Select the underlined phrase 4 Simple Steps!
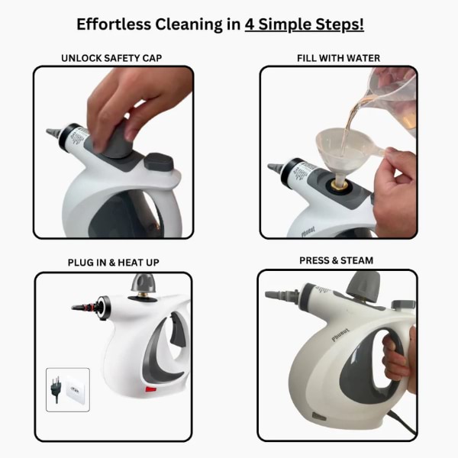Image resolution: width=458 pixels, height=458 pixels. pyautogui.click(x=304, y=24)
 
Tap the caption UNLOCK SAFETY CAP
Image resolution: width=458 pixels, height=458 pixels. pyautogui.click(x=111, y=58)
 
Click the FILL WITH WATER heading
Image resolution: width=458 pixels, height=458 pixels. pyautogui.click(x=338, y=58)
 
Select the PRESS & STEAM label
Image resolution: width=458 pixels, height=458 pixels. pyautogui.click(x=337, y=260)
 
